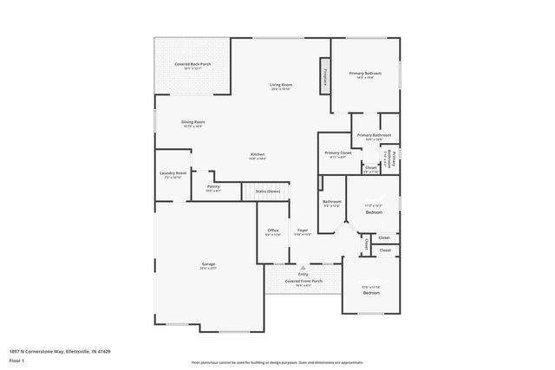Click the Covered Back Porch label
pos(193,64)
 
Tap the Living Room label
pos(280,85)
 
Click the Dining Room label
pos(193,122)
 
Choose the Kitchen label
pos(258,154)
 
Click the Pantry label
pos(212,186)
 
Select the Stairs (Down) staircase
pos(266,191)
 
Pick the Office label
pos(272,230)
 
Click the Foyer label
pos(302,230)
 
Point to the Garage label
pos(208,264)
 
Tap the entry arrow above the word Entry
pos(303,269)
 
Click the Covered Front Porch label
pos(304,281)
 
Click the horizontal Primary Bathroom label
pos(375,135)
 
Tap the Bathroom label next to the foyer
pos(332,202)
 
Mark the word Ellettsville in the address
pos(72,352)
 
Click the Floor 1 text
pos(16,360)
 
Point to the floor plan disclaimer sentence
pos(277,363)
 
